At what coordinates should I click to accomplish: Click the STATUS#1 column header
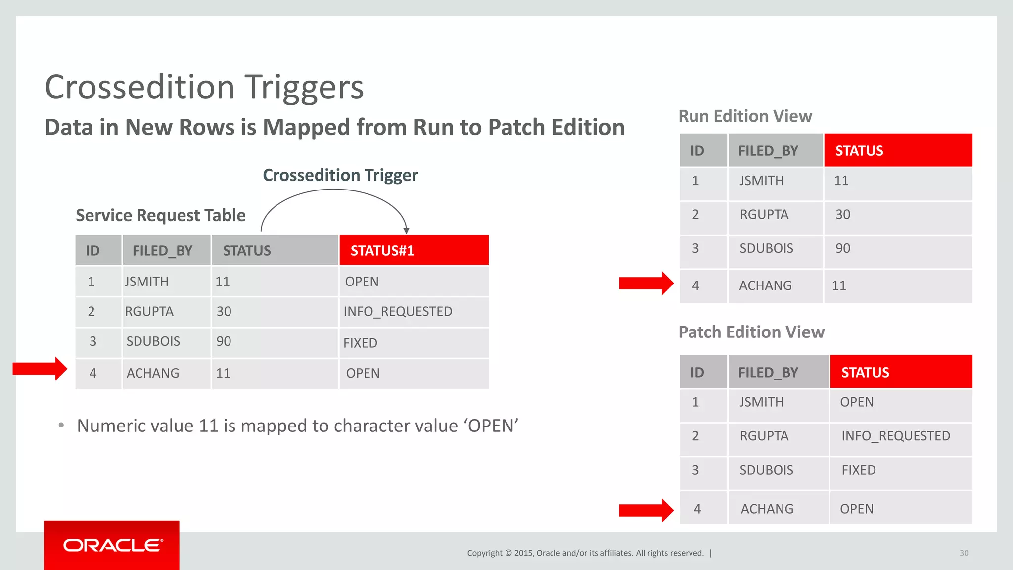(382, 250)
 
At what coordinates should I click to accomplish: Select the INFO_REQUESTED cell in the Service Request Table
(398, 311)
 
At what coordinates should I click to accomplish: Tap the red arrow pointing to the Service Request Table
(40, 369)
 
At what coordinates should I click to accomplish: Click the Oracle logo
(112, 545)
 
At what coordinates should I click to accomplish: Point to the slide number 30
(964, 553)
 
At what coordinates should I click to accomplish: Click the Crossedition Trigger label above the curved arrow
(340, 175)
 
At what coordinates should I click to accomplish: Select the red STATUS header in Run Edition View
(859, 150)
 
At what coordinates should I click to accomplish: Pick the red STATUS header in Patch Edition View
(865, 372)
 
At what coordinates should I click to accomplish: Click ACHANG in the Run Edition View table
(765, 285)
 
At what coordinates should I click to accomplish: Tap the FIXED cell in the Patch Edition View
(859, 470)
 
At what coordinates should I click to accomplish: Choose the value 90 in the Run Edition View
(843, 248)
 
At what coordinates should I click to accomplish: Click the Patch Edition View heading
(751, 332)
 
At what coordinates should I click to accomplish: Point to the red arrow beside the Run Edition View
(646, 283)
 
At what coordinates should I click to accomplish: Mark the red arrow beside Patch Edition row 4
(646, 510)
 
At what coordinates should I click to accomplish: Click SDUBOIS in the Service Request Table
(153, 341)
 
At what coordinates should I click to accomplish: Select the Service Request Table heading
(161, 215)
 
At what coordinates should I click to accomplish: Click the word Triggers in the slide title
(305, 88)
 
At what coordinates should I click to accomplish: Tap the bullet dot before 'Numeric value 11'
(61, 425)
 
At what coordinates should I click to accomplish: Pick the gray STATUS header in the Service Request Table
(247, 250)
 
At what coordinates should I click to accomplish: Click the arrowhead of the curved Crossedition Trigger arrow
(406, 230)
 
